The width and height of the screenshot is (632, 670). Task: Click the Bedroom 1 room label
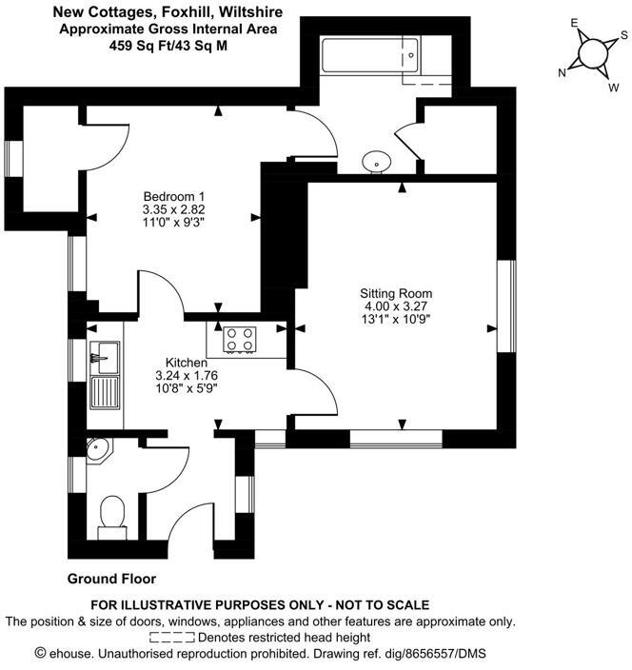click(173, 196)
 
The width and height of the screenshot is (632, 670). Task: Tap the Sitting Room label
click(396, 293)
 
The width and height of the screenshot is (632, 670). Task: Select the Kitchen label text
click(187, 363)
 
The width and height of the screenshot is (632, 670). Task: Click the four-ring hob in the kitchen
click(238, 337)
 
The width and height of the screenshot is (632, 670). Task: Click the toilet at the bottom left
click(112, 514)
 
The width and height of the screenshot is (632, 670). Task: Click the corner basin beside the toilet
click(97, 450)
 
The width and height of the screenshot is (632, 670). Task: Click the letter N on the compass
click(563, 73)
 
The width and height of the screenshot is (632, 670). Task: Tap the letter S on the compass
click(623, 34)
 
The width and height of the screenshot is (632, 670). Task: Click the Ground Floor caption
click(111, 579)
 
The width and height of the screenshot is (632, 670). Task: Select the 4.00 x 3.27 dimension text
click(396, 306)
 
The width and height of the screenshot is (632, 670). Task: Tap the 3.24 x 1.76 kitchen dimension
click(187, 376)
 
